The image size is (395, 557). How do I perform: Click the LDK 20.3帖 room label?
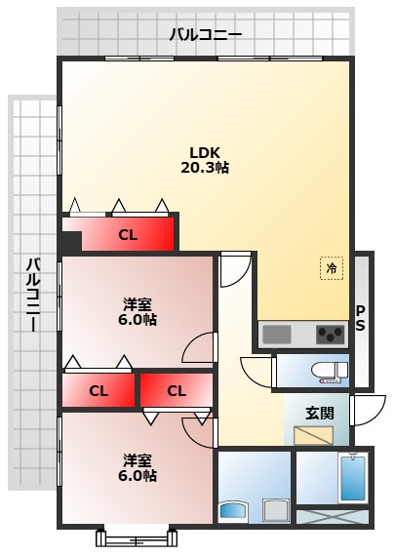(205, 160)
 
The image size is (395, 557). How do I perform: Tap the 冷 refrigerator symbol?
(332, 268)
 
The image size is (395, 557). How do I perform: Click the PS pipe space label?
(360, 318)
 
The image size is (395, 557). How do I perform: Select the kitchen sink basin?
(276, 335)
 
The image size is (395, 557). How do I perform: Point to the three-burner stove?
(331, 335)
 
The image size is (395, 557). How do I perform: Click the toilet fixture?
(330, 372)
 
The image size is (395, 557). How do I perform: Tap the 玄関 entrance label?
(320, 414)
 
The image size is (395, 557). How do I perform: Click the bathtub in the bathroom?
(353, 478)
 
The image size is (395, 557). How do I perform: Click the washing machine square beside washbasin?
(276, 510)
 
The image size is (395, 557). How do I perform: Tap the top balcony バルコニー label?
(206, 35)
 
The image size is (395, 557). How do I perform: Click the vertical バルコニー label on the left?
(33, 295)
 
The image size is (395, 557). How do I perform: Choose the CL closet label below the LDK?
(128, 235)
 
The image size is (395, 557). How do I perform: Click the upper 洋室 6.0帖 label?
(138, 312)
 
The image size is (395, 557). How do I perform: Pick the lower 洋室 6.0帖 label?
(138, 468)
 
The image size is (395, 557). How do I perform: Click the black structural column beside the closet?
(70, 241)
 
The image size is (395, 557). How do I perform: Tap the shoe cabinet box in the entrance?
(313, 435)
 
